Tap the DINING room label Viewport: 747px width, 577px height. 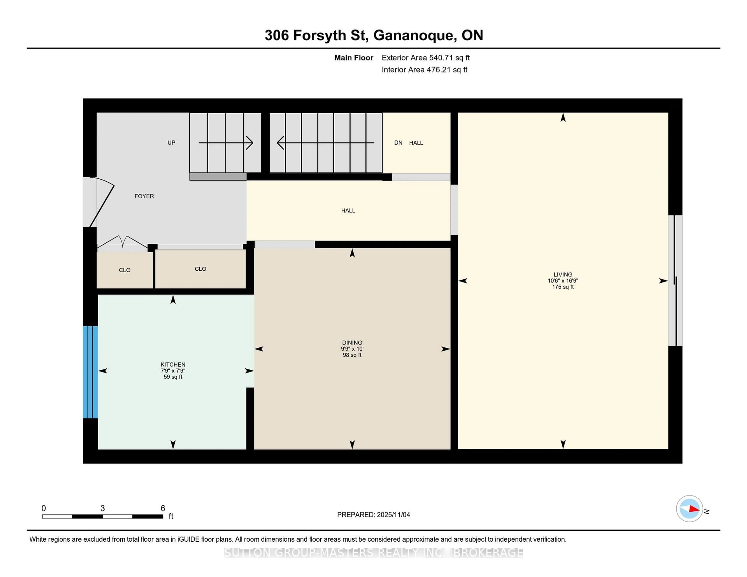(352, 343)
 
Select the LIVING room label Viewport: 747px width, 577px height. (563, 275)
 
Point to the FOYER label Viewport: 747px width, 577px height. (144, 196)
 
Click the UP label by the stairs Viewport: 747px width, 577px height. (171, 143)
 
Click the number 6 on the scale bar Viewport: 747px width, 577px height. (163, 508)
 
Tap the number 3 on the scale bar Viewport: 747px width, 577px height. (103, 508)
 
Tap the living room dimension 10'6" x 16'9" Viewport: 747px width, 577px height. (563, 281)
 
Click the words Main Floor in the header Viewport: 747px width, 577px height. (354, 58)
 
